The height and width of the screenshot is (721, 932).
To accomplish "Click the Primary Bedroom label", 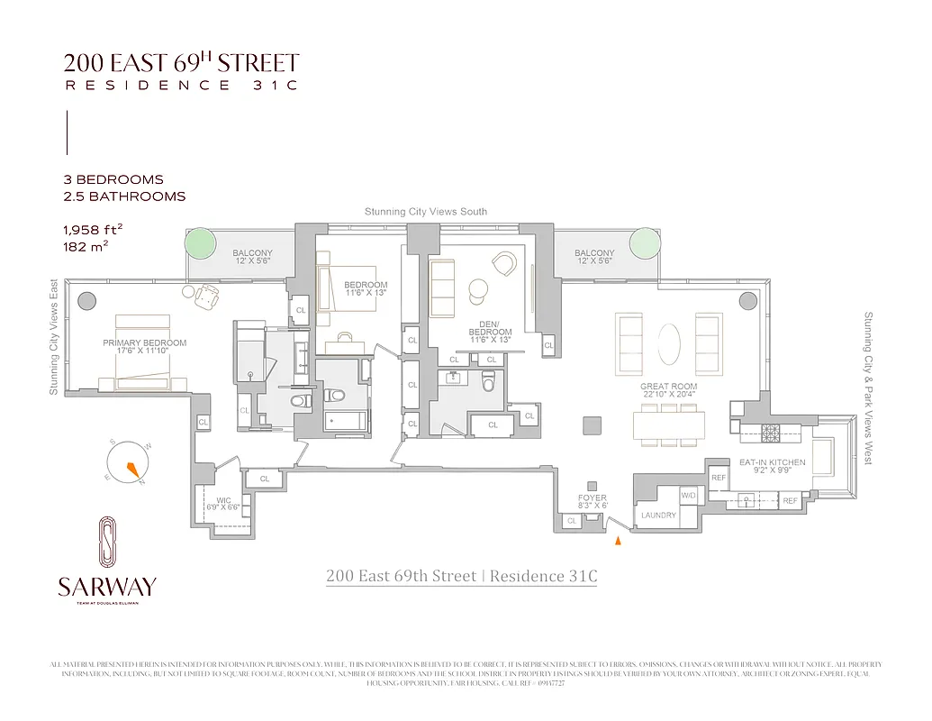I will [145, 348].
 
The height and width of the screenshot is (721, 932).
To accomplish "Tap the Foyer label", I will [593, 502].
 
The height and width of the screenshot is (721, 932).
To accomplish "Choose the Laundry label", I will [658, 516].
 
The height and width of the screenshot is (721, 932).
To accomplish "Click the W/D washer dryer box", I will [689, 496].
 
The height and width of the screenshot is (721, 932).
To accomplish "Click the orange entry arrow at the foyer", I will [617, 542].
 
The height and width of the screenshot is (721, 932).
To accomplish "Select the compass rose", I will [129, 462].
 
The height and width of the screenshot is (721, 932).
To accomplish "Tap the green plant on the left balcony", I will [200, 243].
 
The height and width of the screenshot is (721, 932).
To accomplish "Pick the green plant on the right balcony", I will [644, 242].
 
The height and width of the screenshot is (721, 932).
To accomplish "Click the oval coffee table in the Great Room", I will [670, 343].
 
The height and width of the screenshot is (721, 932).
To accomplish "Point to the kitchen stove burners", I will [772, 432].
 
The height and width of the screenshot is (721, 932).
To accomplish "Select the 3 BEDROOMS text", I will [113, 179].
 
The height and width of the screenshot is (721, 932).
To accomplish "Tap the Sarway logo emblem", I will [106, 543].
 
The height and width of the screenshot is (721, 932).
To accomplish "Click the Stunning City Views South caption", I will [425, 212].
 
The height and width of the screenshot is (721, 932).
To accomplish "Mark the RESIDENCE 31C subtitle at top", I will [180, 86].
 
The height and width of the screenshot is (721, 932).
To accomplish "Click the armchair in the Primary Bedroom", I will [207, 294].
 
